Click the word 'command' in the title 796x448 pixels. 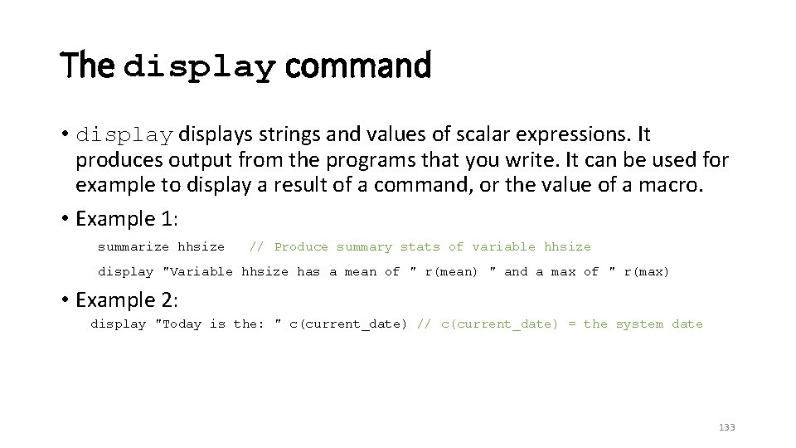[x=358, y=65]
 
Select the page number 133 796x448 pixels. [x=726, y=427]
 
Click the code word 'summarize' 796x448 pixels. [x=133, y=246]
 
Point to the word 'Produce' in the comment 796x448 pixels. [x=301, y=246]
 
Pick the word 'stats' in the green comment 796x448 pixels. [x=420, y=246]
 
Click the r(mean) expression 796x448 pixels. [x=452, y=271]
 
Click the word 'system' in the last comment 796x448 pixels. [x=639, y=324]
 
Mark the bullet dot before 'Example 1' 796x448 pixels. [x=65, y=219]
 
